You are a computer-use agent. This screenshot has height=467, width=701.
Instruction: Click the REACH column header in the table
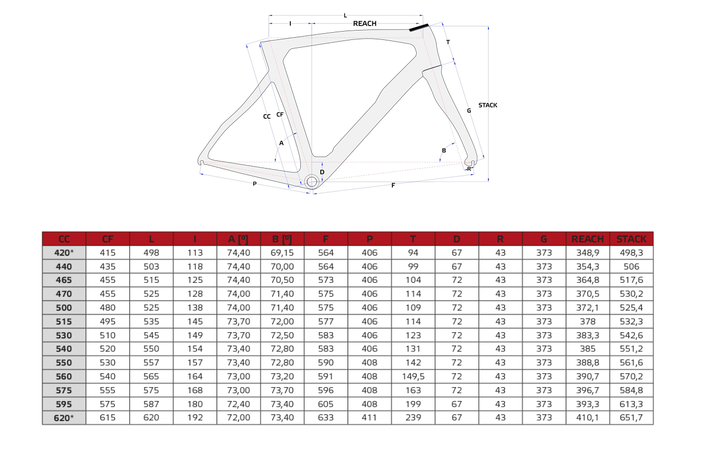[x=587, y=239]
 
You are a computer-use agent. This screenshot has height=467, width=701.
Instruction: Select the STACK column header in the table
[x=632, y=239]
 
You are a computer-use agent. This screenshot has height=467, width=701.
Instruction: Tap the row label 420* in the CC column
[x=64, y=252]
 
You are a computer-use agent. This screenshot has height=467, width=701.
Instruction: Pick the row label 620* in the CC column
[x=64, y=418]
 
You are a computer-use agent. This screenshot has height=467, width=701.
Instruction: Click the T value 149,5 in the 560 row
[x=413, y=376]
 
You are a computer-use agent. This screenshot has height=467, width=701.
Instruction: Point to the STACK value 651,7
[x=632, y=418]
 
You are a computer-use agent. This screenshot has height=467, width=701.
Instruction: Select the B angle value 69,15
[x=282, y=252]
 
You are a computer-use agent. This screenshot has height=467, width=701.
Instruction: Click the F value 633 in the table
[x=326, y=418]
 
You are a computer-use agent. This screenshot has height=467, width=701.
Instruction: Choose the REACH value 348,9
[x=587, y=252]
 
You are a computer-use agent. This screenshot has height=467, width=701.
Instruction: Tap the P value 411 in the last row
[x=369, y=418]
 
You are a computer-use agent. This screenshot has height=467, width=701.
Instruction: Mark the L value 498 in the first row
[x=151, y=252]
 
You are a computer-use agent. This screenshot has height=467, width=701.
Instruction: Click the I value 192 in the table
[x=195, y=418]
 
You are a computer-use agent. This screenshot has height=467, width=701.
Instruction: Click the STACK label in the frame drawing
[x=488, y=105]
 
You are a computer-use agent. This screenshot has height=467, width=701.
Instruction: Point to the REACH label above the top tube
[x=365, y=24]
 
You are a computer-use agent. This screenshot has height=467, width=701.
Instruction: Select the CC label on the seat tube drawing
[x=267, y=116]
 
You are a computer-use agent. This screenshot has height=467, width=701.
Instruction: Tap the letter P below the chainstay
[x=255, y=184]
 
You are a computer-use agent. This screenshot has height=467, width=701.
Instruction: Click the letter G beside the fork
[x=469, y=111]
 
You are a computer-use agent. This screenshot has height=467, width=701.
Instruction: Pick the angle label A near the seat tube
[x=281, y=143]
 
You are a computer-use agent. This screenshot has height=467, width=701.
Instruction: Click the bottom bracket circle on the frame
[x=312, y=181]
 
